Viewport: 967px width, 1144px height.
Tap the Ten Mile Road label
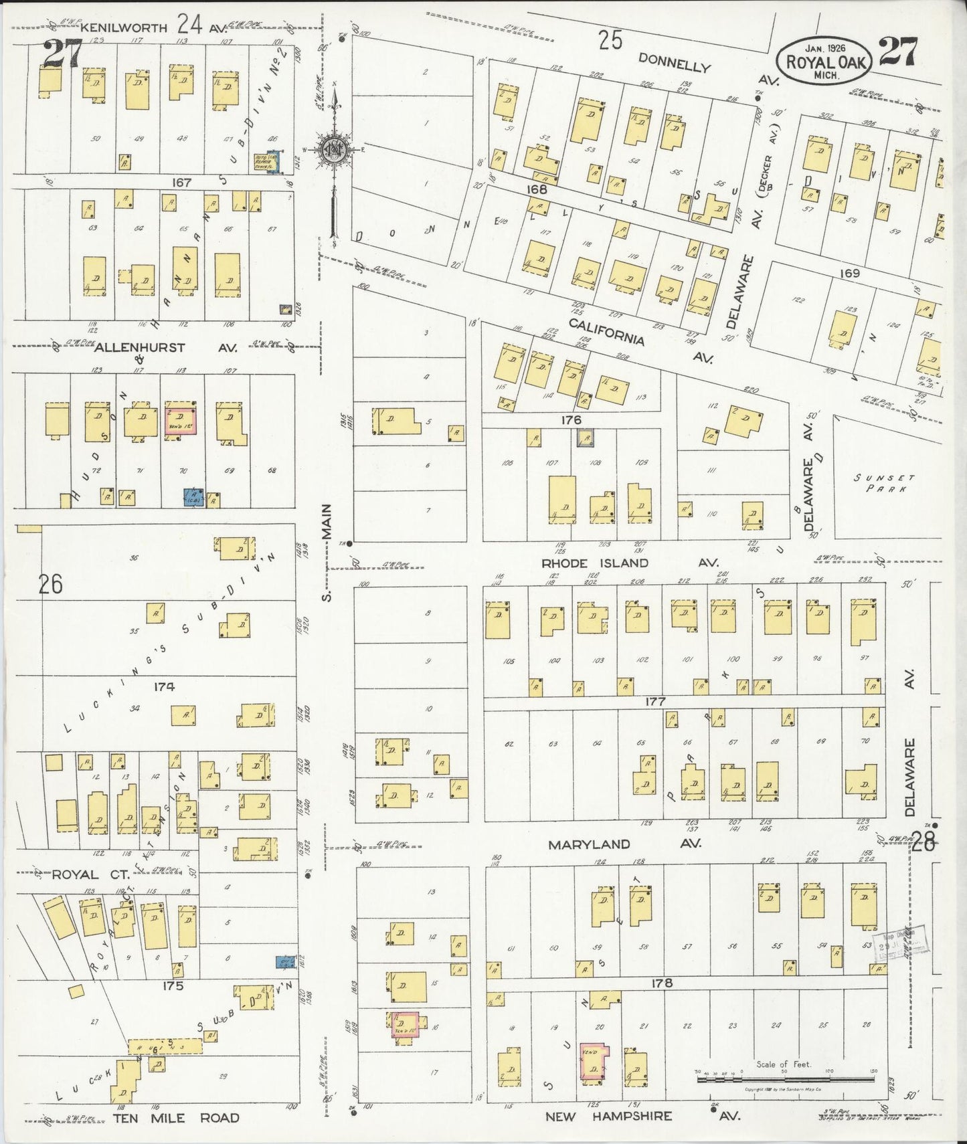[175, 1118]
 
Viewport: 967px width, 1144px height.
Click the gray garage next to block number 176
[586, 438]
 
